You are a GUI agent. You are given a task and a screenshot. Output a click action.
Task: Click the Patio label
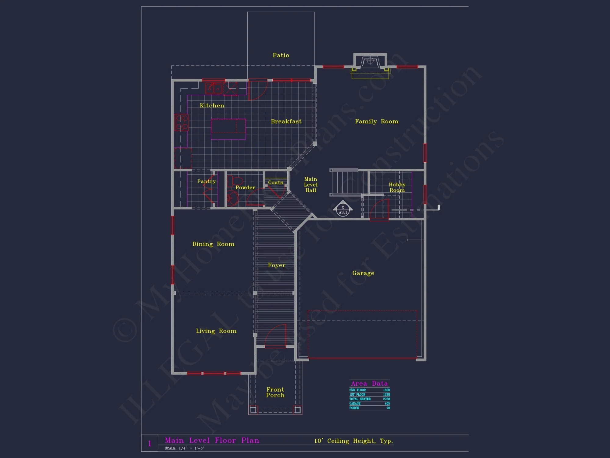pos(281,55)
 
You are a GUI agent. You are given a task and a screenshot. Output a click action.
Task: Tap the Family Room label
pos(376,122)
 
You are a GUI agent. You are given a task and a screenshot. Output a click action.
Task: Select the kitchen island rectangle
pos(228,129)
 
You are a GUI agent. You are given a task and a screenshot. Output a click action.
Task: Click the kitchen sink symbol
pos(213,88)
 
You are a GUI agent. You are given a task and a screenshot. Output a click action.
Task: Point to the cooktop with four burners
pos(181,122)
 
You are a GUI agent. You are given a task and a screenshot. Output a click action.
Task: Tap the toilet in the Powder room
pos(234,181)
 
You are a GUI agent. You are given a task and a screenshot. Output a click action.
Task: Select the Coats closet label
pos(275,183)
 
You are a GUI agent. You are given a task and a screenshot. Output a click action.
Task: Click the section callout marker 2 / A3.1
pos(343,209)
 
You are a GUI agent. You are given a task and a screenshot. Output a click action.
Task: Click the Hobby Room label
pos(397,187)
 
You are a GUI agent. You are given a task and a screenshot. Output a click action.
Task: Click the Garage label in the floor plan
pos(363,273)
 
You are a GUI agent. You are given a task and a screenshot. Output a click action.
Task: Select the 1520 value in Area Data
pos(386,390)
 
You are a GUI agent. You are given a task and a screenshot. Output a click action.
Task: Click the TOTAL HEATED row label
pos(360,399)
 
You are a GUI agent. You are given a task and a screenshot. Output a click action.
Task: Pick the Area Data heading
pos(369,383)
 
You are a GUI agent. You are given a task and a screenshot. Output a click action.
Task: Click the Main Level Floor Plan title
pos(212,440)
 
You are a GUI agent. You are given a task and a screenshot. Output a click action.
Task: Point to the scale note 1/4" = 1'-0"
pos(184,448)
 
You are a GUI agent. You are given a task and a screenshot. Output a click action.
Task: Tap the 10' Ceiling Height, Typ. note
pos(353,441)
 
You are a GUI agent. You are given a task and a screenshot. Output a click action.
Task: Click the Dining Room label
pos(213,244)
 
